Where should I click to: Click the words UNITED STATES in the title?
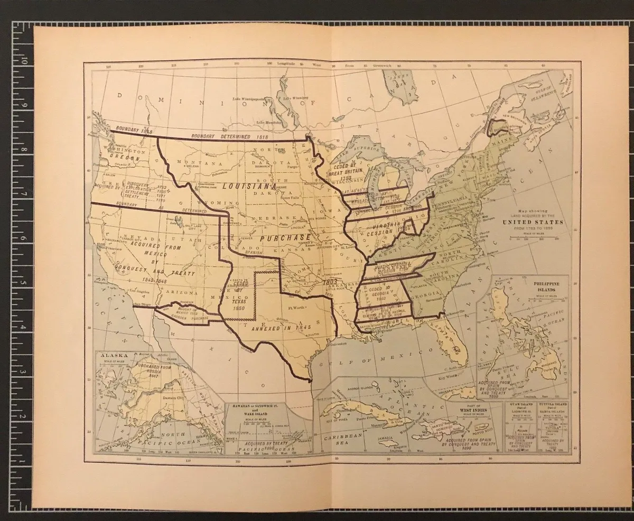pos(536,222)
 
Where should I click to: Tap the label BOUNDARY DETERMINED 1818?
pos(231,136)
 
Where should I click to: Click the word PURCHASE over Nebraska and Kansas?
pos(286,238)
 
